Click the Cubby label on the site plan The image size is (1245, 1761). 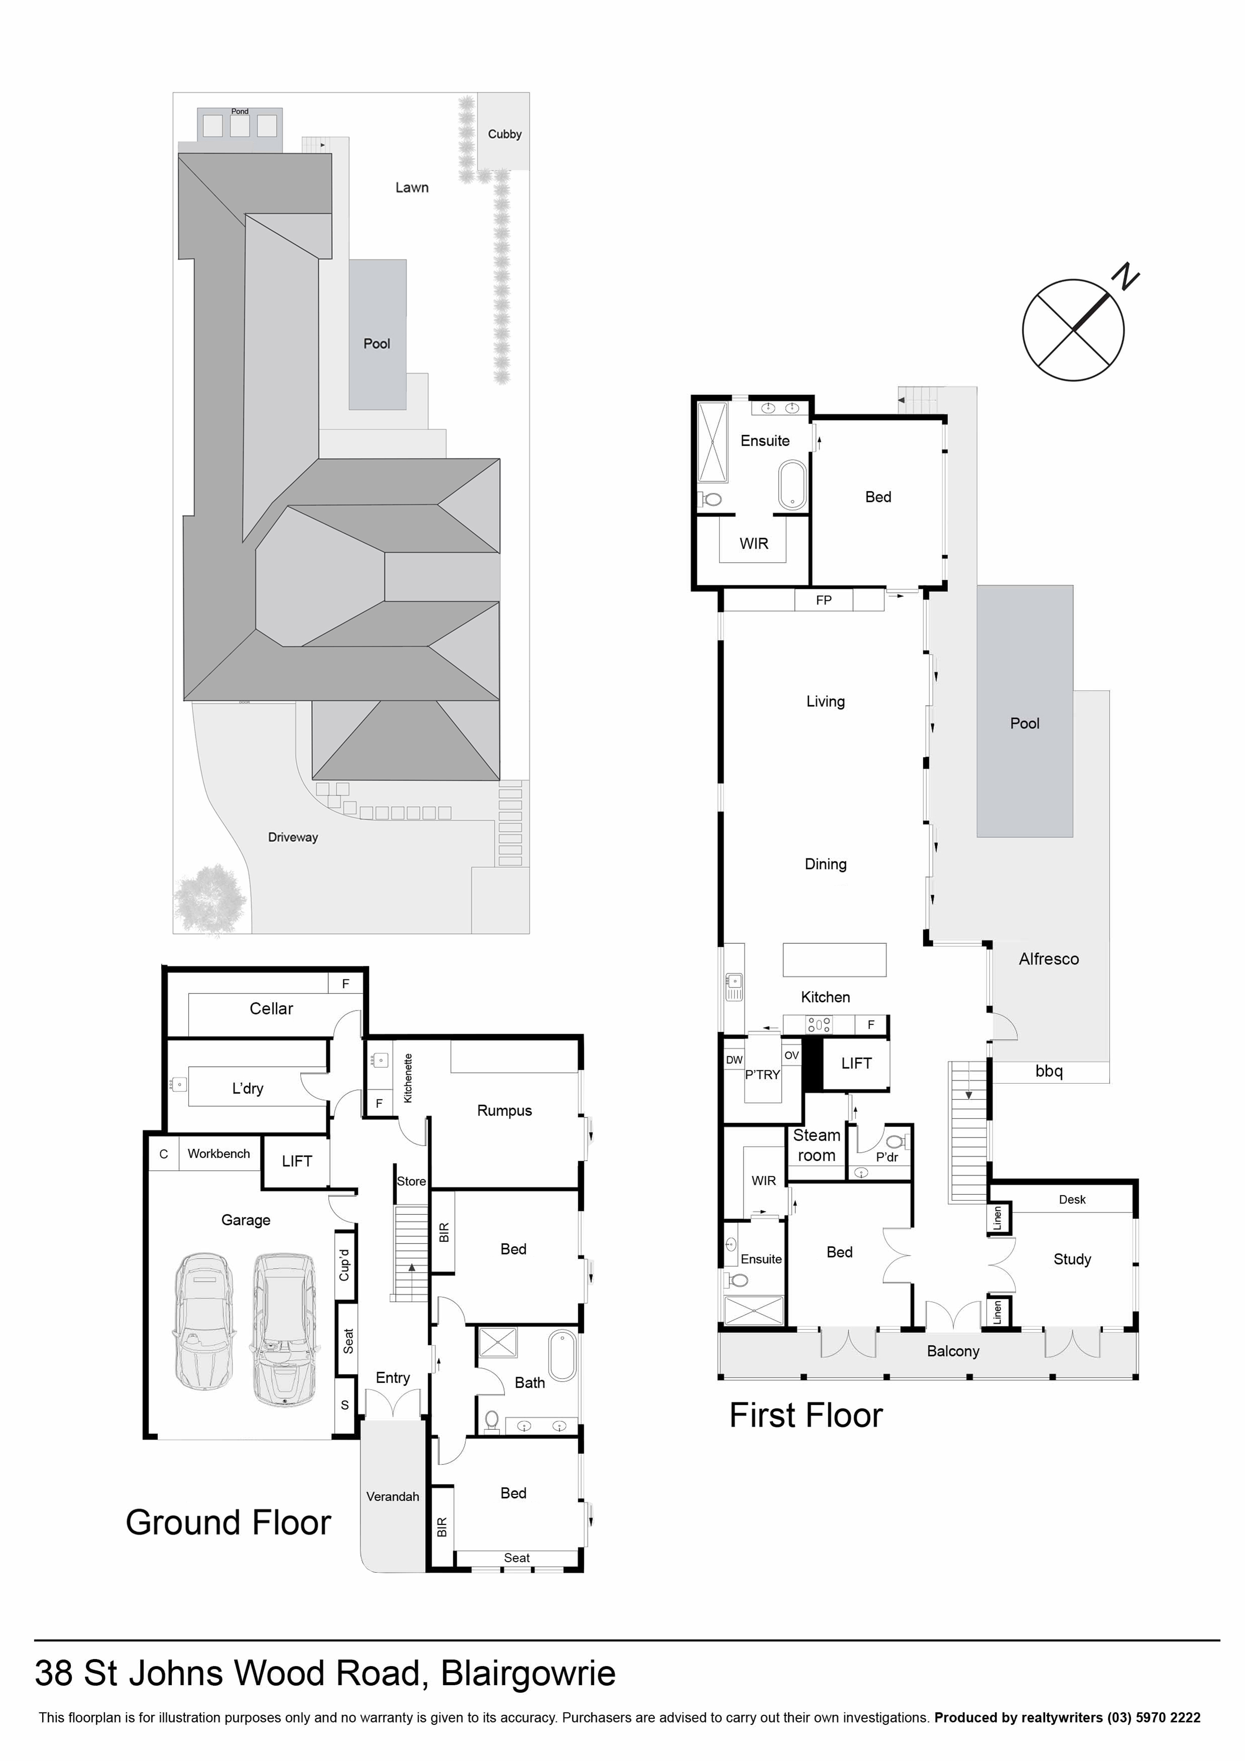tap(505, 134)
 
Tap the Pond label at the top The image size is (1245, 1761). tap(240, 111)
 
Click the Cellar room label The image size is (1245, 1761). tap(272, 1009)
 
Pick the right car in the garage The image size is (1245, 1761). tap(284, 1331)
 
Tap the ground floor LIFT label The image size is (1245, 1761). tap(297, 1161)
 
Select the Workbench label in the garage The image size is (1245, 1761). tap(218, 1154)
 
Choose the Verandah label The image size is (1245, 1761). tap(393, 1496)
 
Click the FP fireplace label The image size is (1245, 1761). tap(824, 600)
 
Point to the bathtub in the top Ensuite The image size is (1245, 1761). tap(792, 485)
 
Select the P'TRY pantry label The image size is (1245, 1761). tap(763, 1075)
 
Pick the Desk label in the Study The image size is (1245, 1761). tap(1072, 1200)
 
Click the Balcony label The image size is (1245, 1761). tap(953, 1351)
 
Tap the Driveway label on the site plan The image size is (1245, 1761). tap(293, 837)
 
